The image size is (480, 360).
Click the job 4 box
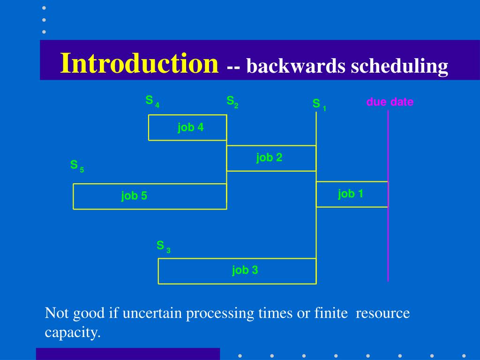(187, 127)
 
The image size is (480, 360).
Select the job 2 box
(271, 158)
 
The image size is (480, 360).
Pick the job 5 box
(150, 196)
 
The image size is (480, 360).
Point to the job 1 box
(352, 194)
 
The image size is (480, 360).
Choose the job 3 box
(237, 271)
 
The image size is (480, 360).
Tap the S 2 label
(232, 102)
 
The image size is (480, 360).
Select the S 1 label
(319, 105)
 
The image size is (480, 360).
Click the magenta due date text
(390, 102)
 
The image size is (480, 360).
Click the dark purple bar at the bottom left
(127, 353)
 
